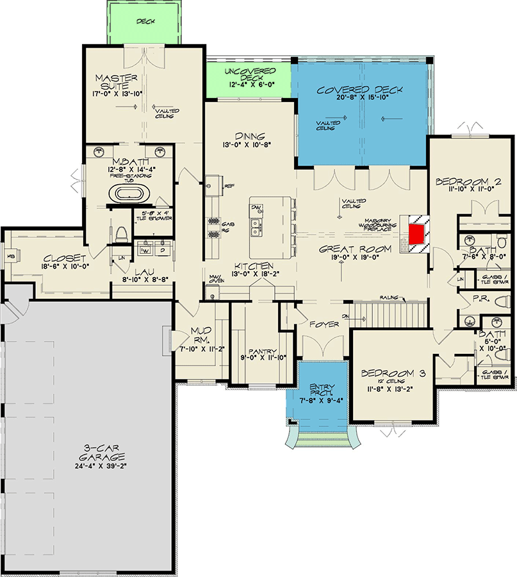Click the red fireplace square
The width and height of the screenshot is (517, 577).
(418, 233)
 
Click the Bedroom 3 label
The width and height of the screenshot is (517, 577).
(391, 373)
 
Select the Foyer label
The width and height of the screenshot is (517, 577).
(324, 325)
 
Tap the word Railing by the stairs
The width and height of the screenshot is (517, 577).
(388, 298)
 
